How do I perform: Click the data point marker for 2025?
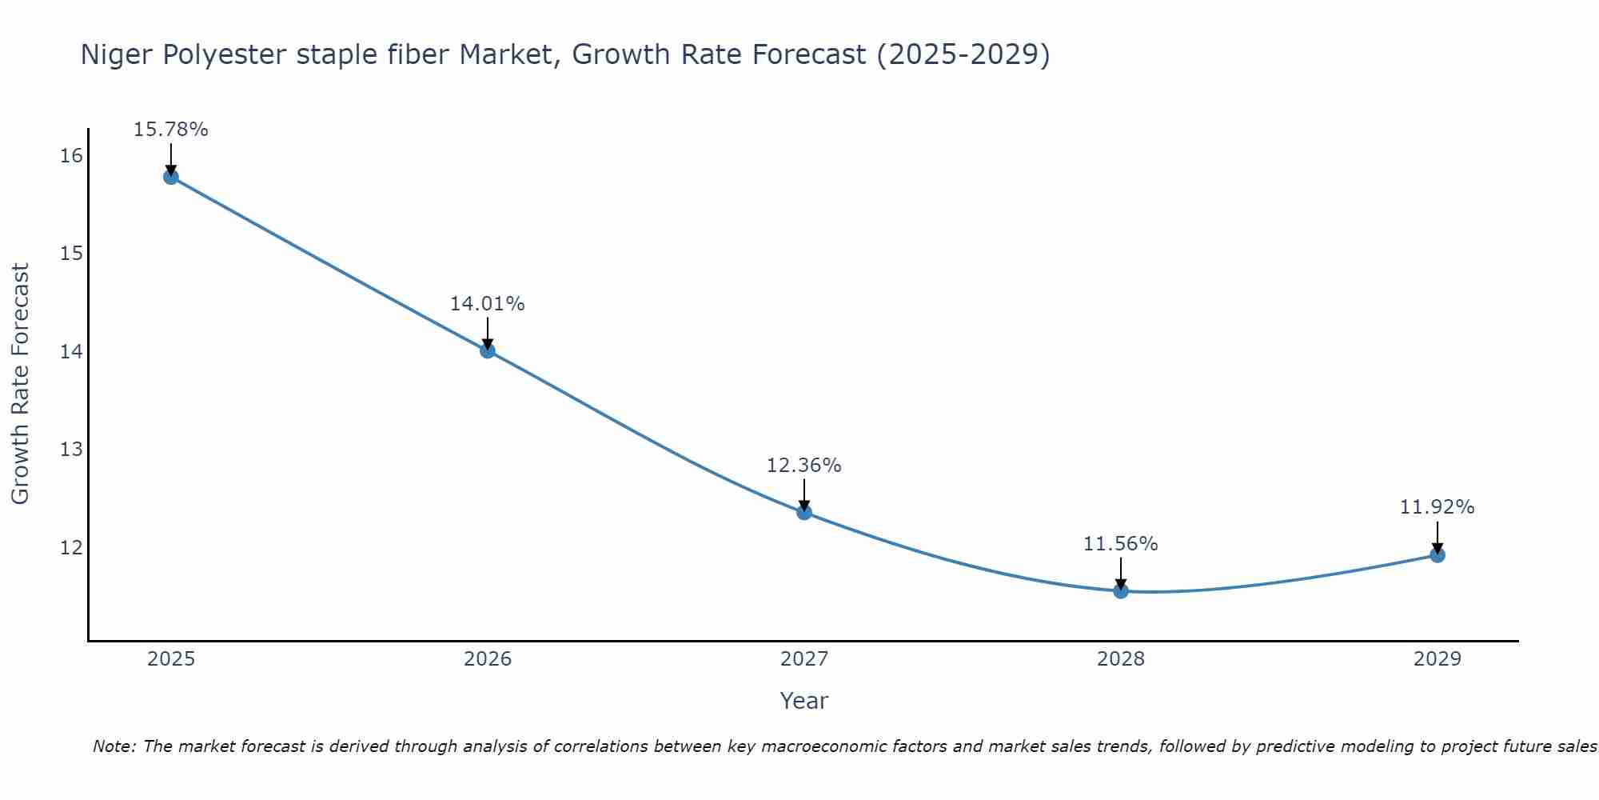[171, 177]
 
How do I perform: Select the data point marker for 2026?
[488, 350]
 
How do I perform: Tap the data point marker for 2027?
[804, 512]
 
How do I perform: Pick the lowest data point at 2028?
[1121, 591]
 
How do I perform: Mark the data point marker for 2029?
[1438, 555]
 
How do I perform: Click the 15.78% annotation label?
[171, 130]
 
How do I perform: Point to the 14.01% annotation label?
[488, 304]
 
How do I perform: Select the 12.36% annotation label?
[804, 466]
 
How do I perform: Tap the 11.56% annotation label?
[1121, 544]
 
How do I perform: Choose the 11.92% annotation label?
[1438, 507]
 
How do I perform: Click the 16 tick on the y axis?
[71, 155]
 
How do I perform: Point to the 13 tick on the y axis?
[71, 450]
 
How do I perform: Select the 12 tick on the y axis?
[71, 547]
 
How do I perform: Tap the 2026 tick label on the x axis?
[488, 659]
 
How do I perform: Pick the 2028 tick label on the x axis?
[1121, 659]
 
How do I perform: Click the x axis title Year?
[804, 701]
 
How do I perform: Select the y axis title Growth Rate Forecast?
[21, 384]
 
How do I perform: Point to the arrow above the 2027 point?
[804, 494]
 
